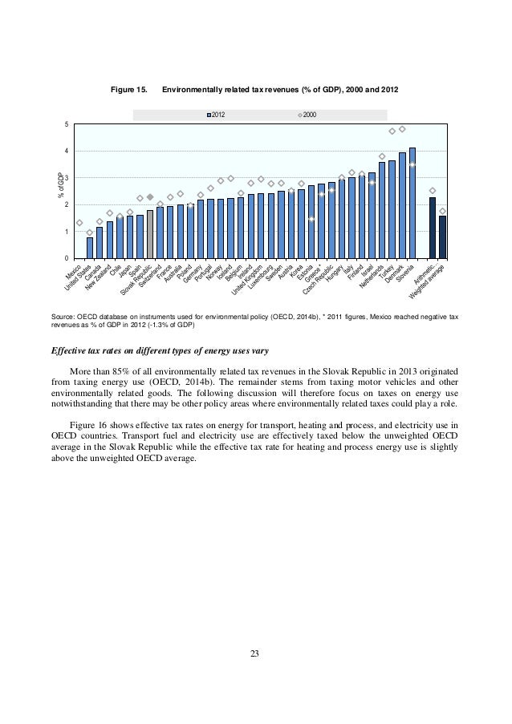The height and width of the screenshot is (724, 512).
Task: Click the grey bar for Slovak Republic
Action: [150, 234]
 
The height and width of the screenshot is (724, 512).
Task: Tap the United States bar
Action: [90, 248]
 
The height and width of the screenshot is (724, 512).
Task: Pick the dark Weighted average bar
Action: [442, 237]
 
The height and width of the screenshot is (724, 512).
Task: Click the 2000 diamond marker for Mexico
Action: [79, 223]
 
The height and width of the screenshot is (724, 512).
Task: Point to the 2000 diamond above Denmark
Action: [402, 129]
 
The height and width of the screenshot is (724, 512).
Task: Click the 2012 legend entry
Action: [215, 116]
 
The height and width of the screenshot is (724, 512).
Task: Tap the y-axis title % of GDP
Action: [57, 186]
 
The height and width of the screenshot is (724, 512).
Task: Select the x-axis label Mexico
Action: [72, 276]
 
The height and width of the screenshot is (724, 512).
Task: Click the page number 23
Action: [255, 657]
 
